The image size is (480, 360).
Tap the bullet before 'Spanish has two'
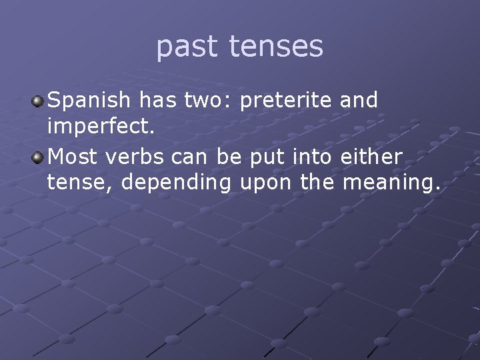click(39, 101)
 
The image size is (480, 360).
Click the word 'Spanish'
click(89, 101)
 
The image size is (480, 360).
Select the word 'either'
click(371, 157)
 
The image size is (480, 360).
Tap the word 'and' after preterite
click(359, 101)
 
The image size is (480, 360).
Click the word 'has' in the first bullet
click(156, 101)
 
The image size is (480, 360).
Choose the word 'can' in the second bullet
click(187, 157)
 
